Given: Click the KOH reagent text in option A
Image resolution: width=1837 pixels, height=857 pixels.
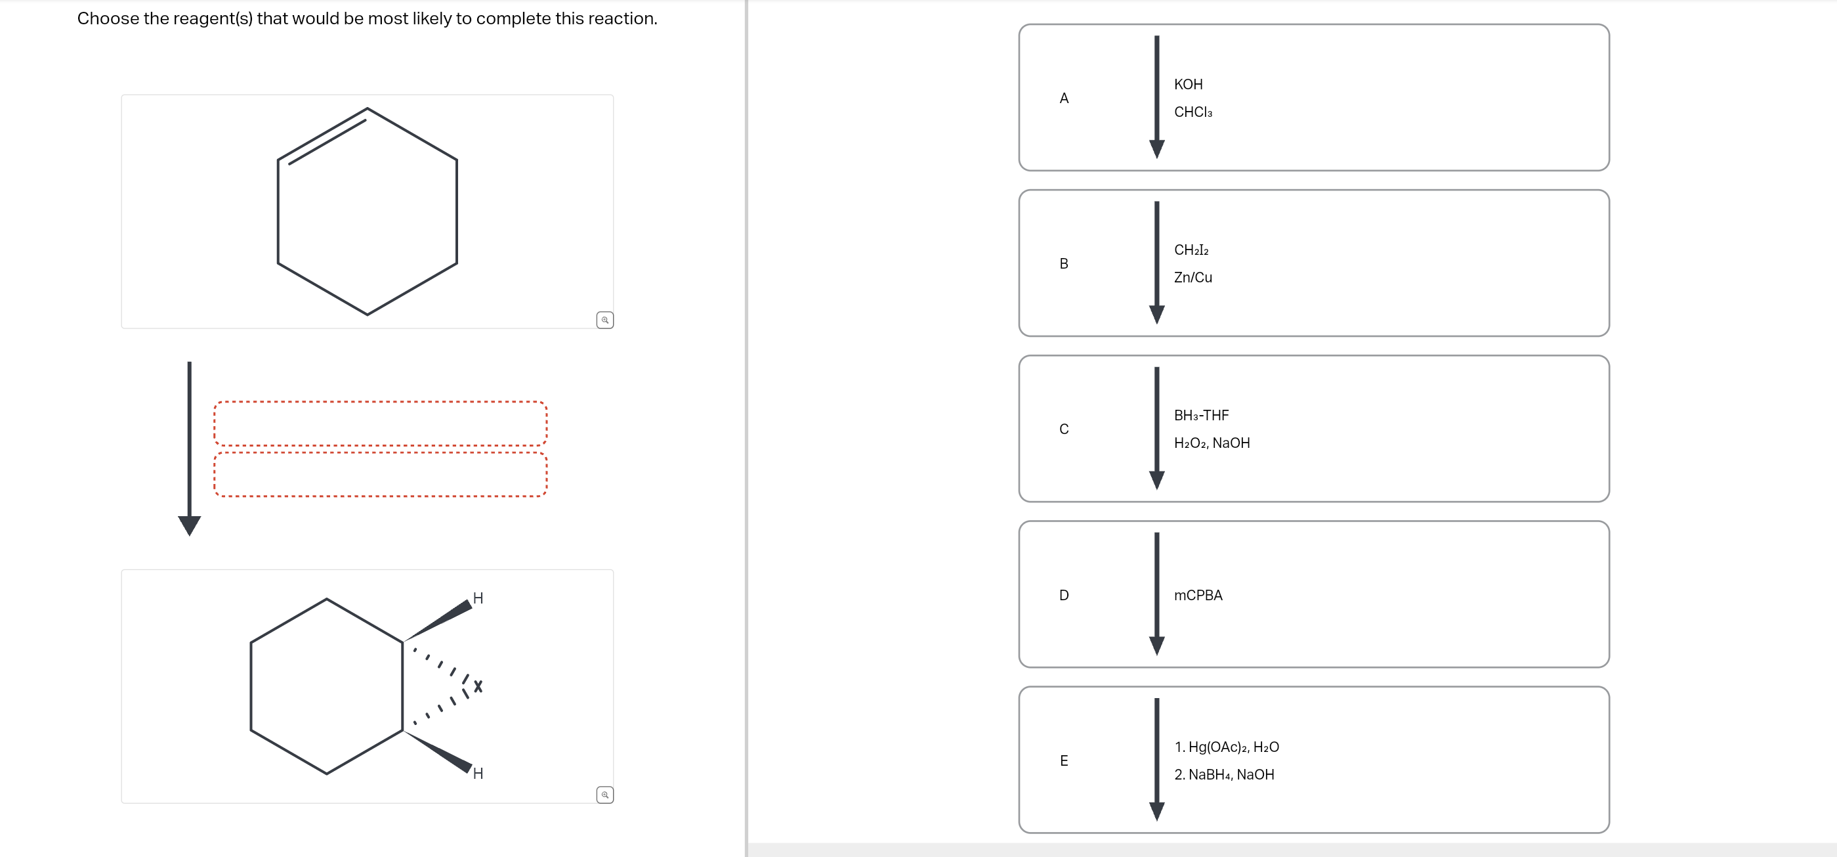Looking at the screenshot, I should pos(1188,84).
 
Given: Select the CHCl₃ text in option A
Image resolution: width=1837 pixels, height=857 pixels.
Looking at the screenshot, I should pos(1193,112).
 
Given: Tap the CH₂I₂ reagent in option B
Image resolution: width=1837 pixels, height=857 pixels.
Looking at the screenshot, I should pos(1191,250).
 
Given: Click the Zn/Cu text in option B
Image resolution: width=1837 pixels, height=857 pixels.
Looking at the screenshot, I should pos(1193,278).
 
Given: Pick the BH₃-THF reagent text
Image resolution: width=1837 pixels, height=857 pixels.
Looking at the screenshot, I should pos(1202,415).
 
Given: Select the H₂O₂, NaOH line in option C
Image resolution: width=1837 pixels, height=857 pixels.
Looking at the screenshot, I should pos(1212,443).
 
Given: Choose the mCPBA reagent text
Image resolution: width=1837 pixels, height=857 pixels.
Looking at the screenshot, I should pos(1198,595).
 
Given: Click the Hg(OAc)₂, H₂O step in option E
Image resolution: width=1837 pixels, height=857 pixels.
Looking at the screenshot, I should pos(1233,747).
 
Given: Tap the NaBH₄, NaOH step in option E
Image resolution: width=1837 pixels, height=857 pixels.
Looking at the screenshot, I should pos(1231,775).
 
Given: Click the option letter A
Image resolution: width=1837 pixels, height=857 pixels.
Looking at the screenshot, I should pos(1064,99).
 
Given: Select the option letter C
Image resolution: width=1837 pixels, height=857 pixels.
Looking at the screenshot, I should pos(1064,429).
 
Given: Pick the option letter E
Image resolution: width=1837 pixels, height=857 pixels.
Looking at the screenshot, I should pos(1064,760).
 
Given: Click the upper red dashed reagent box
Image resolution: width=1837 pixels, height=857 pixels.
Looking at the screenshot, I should pos(380,423).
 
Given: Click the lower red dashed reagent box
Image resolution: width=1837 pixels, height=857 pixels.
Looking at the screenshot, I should pos(380,475).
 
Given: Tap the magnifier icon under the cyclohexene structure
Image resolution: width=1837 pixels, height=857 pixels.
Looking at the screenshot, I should pos(604,320).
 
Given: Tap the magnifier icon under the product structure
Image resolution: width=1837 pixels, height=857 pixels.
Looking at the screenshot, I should pos(604,794).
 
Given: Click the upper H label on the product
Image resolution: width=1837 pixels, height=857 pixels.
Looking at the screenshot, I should pos(478,598).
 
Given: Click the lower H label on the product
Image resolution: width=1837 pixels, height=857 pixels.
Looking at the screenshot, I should pos(478,774).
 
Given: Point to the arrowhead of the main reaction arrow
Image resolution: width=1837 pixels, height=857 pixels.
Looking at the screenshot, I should pos(189,526).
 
